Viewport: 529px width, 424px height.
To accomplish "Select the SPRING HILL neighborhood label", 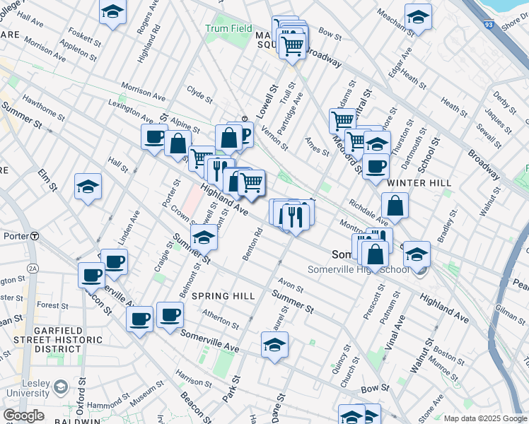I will coord(223,295).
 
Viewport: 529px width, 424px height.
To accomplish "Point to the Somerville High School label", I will coord(359,269).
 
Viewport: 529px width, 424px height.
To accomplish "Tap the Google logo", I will coord(23,415).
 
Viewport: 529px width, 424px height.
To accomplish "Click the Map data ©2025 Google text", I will coord(485,418).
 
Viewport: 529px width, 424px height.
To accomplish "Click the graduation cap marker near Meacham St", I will coord(418,17).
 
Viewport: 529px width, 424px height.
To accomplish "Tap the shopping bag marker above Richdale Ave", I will coord(395,206).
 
